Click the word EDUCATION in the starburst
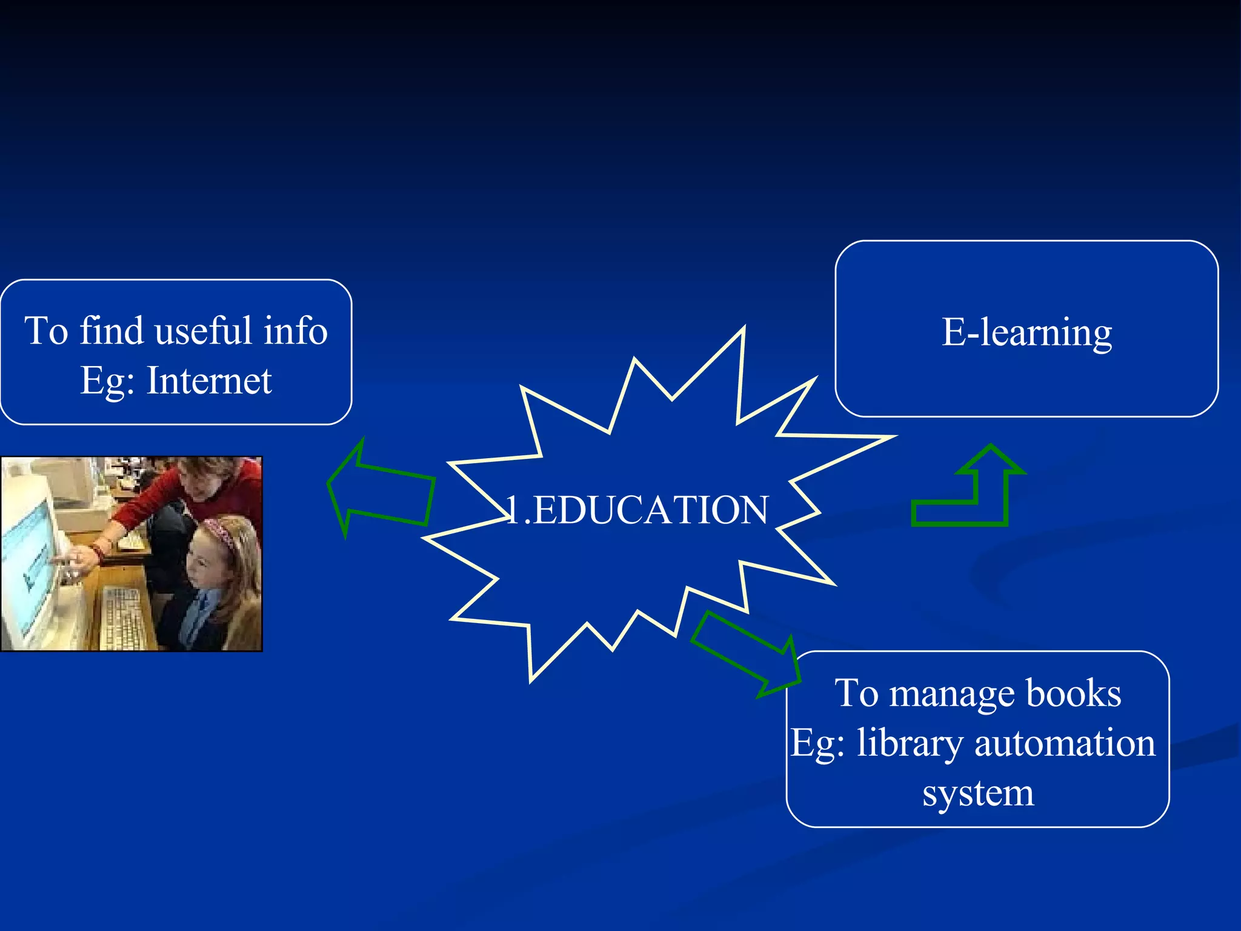[651, 510]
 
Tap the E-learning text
[1026, 332]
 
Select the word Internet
[209, 381]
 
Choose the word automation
[1065, 742]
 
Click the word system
[978, 792]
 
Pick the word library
[909, 744]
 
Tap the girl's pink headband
[220, 533]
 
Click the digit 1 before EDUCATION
[513, 510]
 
